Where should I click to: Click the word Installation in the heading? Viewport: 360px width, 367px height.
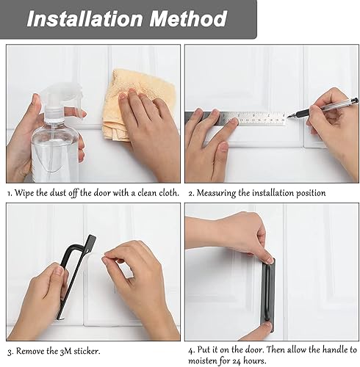tap(84, 19)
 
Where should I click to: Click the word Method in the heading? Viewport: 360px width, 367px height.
tap(188, 19)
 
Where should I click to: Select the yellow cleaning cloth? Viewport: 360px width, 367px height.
tap(138, 105)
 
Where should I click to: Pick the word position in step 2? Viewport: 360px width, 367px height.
tap(311, 194)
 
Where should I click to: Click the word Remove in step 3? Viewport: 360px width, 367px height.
tap(30, 352)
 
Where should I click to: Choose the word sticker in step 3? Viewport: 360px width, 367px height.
tap(87, 352)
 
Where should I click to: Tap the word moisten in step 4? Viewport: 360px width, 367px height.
tap(203, 361)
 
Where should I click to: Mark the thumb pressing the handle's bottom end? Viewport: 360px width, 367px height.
tap(265, 328)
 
